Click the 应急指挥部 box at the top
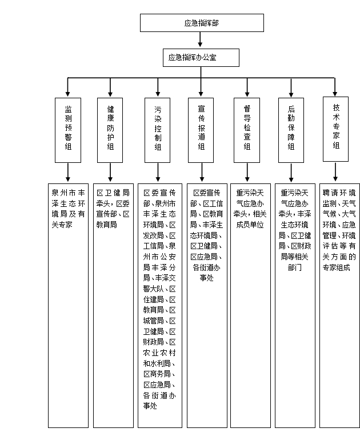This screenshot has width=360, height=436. (202, 23)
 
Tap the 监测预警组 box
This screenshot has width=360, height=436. (68, 130)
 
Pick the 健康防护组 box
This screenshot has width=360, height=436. (110, 130)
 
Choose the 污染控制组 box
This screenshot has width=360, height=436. (158, 130)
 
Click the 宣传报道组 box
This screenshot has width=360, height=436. (201, 130)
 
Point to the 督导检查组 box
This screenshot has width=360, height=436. (247, 130)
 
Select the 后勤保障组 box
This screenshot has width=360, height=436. (291, 130)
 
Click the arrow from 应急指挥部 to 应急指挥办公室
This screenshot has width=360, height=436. (200, 39)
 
